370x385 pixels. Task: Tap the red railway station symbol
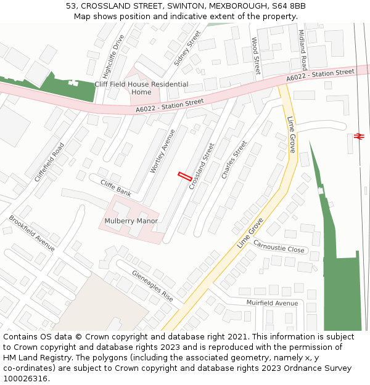[x=360, y=136]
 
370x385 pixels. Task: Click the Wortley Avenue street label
[x=159, y=151]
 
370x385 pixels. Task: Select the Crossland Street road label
[x=202, y=166]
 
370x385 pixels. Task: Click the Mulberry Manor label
[x=131, y=221]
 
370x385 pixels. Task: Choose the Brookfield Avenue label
[x=32, y=233]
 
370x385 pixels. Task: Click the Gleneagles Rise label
[x=152, y=285]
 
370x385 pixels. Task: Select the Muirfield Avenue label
[x=272, y=303]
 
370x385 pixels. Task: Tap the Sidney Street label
[x=187, y=47]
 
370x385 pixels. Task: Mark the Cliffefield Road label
[x=49, y=162]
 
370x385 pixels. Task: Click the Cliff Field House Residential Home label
[x=141, y=88]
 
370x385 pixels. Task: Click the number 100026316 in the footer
[x=26, y=378]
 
